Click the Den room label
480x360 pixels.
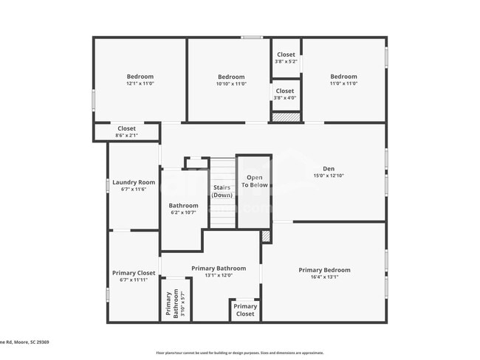tap(329, 168)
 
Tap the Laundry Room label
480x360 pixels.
tap(134, 182)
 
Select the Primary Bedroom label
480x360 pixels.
tap(324, 270)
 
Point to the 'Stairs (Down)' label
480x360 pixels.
tap(222, 191)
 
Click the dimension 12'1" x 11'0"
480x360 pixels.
tap(140, 84)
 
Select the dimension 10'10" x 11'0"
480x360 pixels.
tap(231, 84)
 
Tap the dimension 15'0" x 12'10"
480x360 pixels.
tap(329, 176)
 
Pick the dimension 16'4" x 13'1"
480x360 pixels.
tap(324, 277)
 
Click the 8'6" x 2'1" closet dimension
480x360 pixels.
tap(126, 135)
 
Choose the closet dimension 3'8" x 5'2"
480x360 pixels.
tap(286, 61)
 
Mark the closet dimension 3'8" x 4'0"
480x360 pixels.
tap(285, 98)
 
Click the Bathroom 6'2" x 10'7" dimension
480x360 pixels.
tap(183, 212)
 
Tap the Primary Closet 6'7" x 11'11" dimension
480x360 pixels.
tap(134, 280)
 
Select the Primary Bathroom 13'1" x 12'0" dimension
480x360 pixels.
tap(219, 275)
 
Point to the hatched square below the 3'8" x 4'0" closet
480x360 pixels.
tap(285, 117)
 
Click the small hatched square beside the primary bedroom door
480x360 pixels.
tap(266, 236)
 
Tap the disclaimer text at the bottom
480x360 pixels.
tap(239, 353)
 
